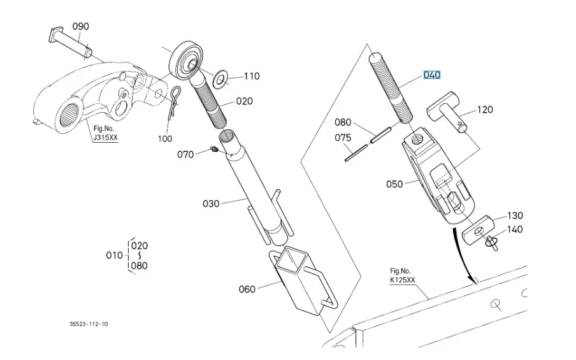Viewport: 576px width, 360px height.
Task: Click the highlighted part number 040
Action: tap(431, 75)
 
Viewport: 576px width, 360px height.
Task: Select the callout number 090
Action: tap(80, 26)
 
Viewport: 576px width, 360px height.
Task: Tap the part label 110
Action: tap(251, 76)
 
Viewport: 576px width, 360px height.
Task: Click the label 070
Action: tap(185, 154)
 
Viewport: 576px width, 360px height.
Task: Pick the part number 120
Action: tap(485, 110)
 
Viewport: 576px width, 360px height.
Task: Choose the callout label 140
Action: tap(515, 229)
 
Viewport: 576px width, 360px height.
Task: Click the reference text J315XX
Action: tap(106, 138)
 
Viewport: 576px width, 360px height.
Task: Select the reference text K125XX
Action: tap(403, 280)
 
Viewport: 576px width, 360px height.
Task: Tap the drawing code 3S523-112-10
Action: tap(89, 324)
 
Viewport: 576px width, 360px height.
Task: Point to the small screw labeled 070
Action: tap(213, 150)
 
